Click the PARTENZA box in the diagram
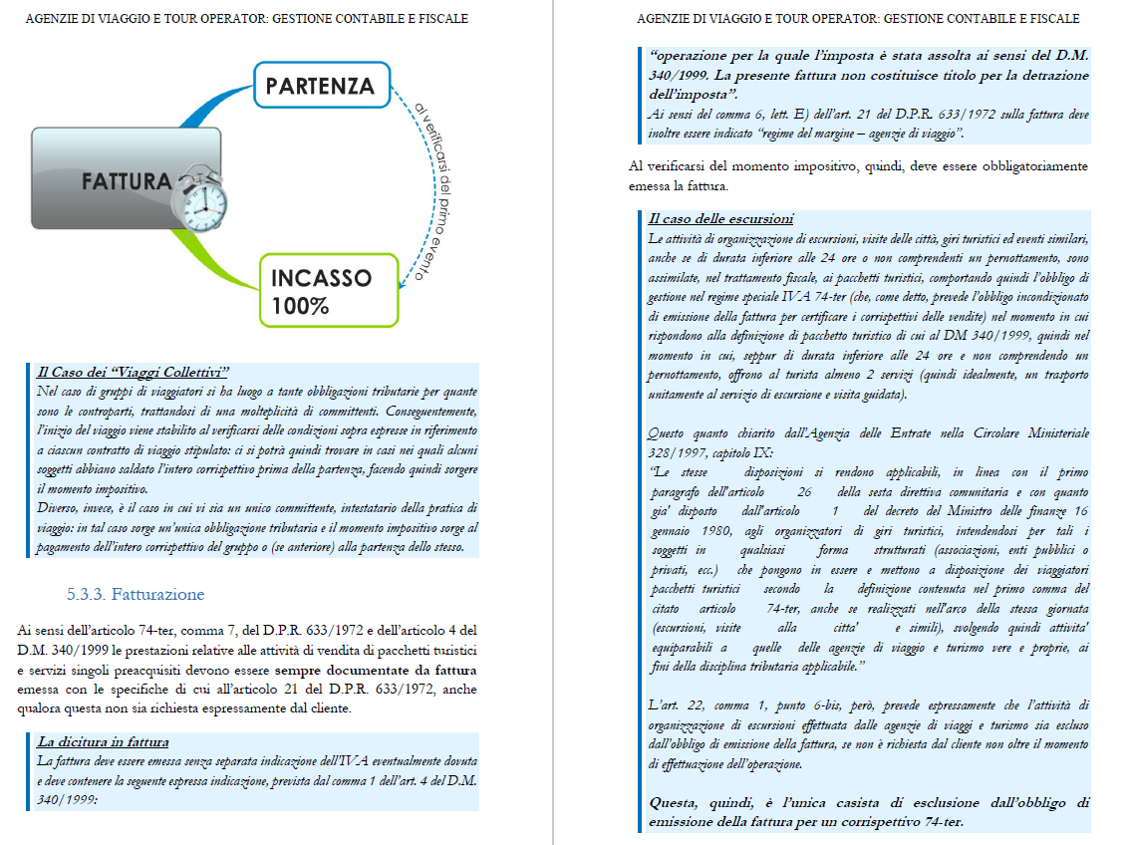point(320,86)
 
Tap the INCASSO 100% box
point(320,291)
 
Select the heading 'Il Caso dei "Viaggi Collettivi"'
point(134,372)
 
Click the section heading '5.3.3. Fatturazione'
point(136,595)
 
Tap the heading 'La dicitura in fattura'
point(103,741)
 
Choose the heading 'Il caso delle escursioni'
point(719,218)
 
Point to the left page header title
point(246,19)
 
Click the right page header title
point(857,19)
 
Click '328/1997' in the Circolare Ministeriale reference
point(670,451)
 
